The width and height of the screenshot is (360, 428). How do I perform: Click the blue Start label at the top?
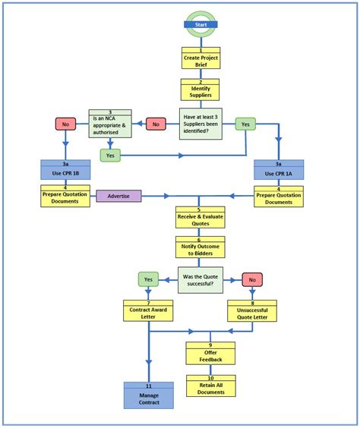pyautogui.click(x=201, y=24)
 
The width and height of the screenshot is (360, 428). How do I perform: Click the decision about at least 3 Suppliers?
pyautogui.click(x=201, y=124)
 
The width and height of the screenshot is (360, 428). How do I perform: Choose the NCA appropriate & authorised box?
pyautogui.click(x=110, y=123)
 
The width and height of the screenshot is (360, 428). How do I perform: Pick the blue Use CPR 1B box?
pyautogui.click(x=65, y=170)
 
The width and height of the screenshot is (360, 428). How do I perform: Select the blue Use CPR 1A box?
pyautogui.click(x=278, y=170)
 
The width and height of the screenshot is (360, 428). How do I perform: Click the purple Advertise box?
pyautogui.click(x=118, y=196)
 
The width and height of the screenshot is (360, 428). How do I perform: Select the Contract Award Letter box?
pyautogui.click(x=148, y=310)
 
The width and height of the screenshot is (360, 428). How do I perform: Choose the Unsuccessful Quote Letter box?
pyautogui.click(x=252, y=310)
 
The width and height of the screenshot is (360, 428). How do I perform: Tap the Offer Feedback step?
pyautogui.click(x=211, y=353)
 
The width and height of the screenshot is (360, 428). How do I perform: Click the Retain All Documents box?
pyautogui.click(x=211, y=386)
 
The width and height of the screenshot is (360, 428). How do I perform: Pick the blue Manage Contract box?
pyautogui.click(x=149, y=395)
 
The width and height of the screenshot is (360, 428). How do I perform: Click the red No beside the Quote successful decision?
pyautogui.click(x=252, y=279)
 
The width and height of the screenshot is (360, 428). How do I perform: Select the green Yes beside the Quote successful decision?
pyautogui.click(x=148, y=279)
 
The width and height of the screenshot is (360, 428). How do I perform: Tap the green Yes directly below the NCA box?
pyautogui.click(x=110, y=155)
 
